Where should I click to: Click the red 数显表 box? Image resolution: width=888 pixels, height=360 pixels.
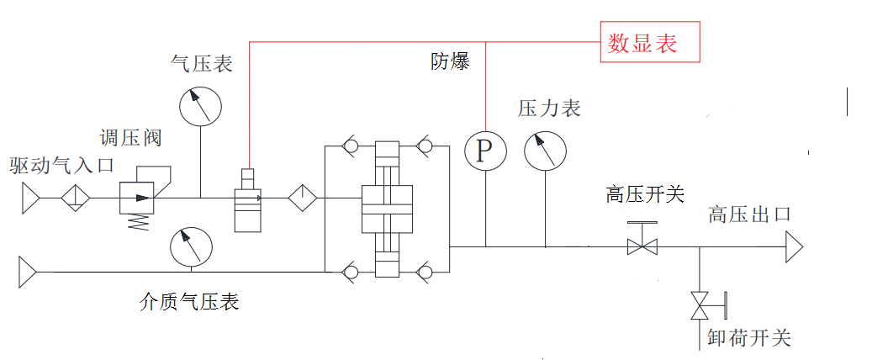[649, 42]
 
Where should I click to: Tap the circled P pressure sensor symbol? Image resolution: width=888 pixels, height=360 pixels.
[485, 150]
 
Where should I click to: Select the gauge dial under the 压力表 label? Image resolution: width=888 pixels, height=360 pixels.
[545, 151]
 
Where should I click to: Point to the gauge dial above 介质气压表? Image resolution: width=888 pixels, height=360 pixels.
[191, 246]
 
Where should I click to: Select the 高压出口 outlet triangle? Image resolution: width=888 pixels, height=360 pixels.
[794, 247]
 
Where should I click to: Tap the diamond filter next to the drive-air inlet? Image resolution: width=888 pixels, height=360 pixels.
[74, 199]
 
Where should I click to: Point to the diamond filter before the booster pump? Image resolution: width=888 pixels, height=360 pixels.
[302, 199]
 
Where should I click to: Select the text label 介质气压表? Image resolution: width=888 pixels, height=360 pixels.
[189, 301]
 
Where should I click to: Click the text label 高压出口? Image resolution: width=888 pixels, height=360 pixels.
[749, 214]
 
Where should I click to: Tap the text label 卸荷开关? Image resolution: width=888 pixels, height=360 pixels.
[749, 337]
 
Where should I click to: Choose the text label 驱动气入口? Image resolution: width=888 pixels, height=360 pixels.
[61, 165]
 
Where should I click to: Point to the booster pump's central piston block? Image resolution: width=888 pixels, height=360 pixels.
[388, 206]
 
